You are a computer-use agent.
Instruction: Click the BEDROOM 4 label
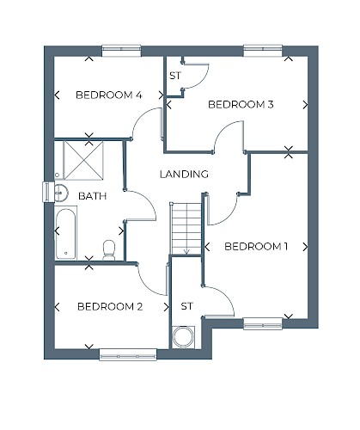[109, 95]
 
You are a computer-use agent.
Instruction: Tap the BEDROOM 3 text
[241, 104]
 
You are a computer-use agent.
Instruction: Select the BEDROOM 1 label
[256, 247]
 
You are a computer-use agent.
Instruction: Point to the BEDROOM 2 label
[110, 307]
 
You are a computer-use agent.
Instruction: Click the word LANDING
[184, 174]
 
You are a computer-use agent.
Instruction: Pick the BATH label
[92, 196]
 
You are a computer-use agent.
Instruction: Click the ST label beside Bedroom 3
[175, 76]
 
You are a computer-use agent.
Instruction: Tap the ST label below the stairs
[186, 306]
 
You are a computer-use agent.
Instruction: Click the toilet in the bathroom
[109, 250]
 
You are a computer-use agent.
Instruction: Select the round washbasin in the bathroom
[61, 193]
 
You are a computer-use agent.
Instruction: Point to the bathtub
[66, 234]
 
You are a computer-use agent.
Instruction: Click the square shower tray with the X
[83, 160]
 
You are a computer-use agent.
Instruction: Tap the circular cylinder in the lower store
[183, 337]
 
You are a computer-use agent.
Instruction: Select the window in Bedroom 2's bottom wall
[128, 354]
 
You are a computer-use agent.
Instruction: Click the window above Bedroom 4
[122, 51]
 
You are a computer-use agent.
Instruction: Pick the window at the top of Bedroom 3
[263, 51]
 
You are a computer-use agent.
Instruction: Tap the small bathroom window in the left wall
[48, 192]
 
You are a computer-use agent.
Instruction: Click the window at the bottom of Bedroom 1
[263, 323]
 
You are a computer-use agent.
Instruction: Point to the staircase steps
[186, 229]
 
